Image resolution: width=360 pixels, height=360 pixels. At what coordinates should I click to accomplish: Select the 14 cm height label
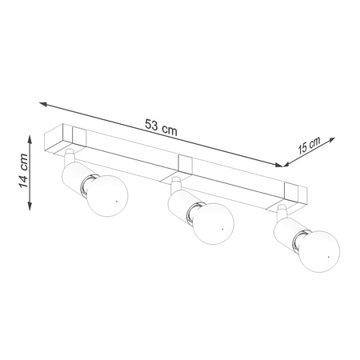tap(25, 172)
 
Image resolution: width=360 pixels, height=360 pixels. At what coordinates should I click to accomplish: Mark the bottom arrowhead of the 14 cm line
tap(30, 206)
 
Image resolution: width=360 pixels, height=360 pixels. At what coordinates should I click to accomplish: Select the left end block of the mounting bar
tap(65, 138)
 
